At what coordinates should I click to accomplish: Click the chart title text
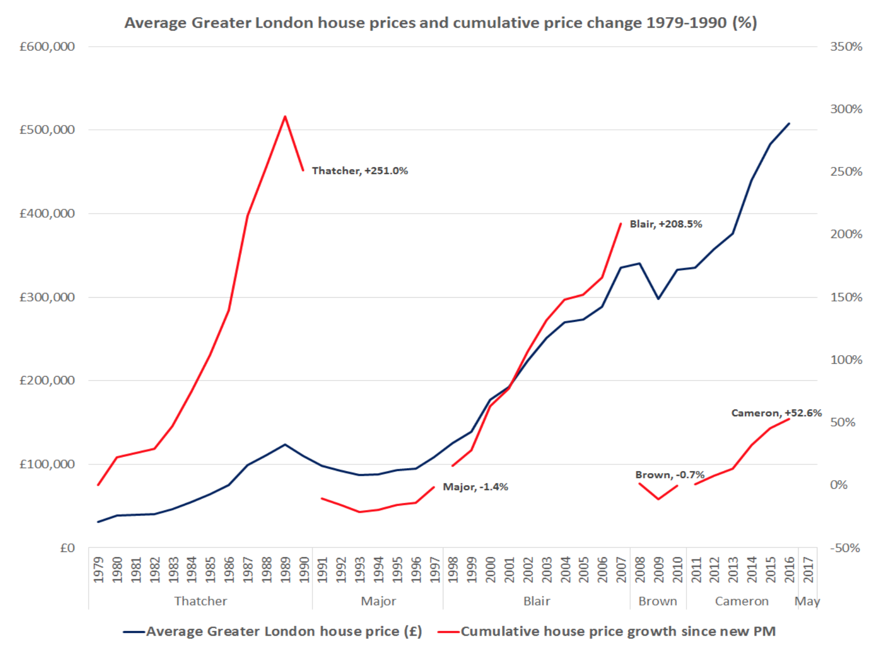click(x=440, y=23)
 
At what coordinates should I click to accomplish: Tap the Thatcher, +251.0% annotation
click(x=360, y=171)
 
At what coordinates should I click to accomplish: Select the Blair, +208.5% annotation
click(x=666, y=224)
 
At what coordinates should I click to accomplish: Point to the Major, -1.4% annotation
click(x=475, y=487)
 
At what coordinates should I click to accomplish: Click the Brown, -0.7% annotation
click(x=669, y=475)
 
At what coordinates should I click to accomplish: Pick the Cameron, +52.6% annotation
click(x=776, y=412)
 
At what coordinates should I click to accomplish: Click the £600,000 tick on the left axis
click(x=47, y=47)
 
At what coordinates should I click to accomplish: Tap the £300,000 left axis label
click(x=47, y=297)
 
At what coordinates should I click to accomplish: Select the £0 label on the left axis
click(x=67, y=548)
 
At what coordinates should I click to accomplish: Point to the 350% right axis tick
click(x=846, y=47)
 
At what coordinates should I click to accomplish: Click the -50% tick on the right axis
click(x=845, y=548)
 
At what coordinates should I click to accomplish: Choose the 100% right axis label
click(x=846, y=359)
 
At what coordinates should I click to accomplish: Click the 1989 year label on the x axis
click(x=285, y=570)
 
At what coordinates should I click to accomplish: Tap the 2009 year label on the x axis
click(x=659, y=570)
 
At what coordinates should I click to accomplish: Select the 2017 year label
click(x=808, y=570)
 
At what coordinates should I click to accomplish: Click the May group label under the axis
click(x=807, y=601)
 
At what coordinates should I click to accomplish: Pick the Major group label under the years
click(x=378, y=601)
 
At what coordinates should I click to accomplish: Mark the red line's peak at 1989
click(x=285, y=116)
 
